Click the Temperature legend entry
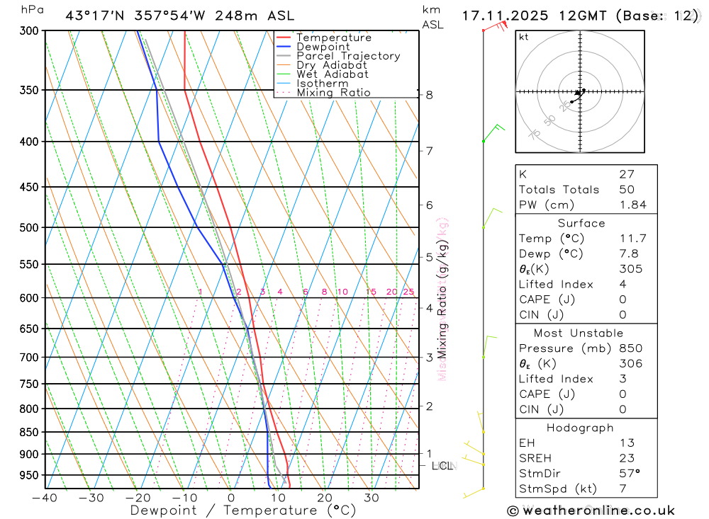(333, 38)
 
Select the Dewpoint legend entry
(323, 47)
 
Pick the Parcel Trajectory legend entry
(348, 56)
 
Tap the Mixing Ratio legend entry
(333, 93)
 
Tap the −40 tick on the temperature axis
(45, 498)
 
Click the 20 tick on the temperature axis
(325, 498)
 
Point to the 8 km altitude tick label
(430, 95)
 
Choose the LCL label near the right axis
(442, 466)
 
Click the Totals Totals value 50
(626, 189)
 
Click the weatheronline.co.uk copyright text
(591, 511)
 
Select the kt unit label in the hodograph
(523, 37)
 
